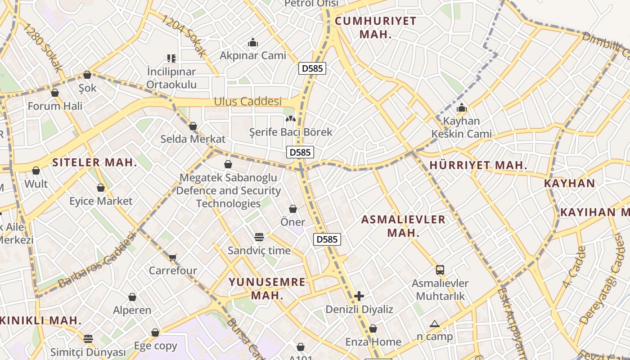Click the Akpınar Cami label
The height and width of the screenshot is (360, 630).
pyautogui.click(x=253, y=55)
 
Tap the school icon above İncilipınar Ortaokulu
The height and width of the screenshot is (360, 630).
pyautogui.click(x=171, y=58)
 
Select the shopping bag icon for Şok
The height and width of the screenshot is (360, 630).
pyautogui.click(x=87, y=75)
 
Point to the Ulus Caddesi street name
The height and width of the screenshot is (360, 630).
pyautogui.click(x=247, y=102)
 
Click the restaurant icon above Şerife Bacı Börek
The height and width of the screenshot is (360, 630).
pyautogui.click(x=291, y=119)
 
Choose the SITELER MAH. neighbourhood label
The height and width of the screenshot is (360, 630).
pyautogui.click(x=95, y=162)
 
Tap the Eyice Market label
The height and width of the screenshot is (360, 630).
pyautogui.click(x=101, y=201)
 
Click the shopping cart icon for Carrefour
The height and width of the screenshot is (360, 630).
pyautogui.click(x=173, y=257)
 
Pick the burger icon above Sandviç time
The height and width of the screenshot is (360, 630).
pyautogui.click(x=259, y=237)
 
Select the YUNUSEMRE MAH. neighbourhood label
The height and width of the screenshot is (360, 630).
pyautogui.click(x=267, y=288)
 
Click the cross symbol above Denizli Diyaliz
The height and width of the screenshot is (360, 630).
pyautogui.click(x=359, y=296)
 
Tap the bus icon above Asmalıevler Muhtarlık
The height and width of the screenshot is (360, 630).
pyautogui.click(x=440, y=270)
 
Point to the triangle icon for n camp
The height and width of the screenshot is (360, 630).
pyautogui.click(x=434, y=324)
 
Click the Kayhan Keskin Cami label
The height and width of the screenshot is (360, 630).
pyautogui.click(x=462, y=127)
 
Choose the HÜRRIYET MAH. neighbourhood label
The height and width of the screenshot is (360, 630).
pyautogui.click(x=478, y=165)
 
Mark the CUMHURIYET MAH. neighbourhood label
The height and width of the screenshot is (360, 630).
pyautogui.click(x=376, y=27)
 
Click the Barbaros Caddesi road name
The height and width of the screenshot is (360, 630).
pyautogui.click(x=97, y=260)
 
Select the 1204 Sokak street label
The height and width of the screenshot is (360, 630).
pyautogui.click(x=184, y=36)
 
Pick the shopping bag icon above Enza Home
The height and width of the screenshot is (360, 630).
pyautogui.click(x=373, y=329)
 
